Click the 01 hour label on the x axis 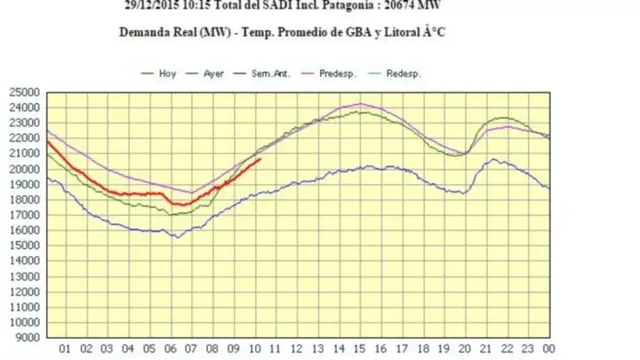pyautogui.click(x=65, y=349)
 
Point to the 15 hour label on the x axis pyautogui.click(x=359, y=349)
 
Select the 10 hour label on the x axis pyautogui.click(x=254, y=349)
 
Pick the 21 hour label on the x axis pyautogui.click(x=485, y=349)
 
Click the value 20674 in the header pyautogui.click(x=393, y=4)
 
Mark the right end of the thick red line pyautogui.click(x=260, y=159)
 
